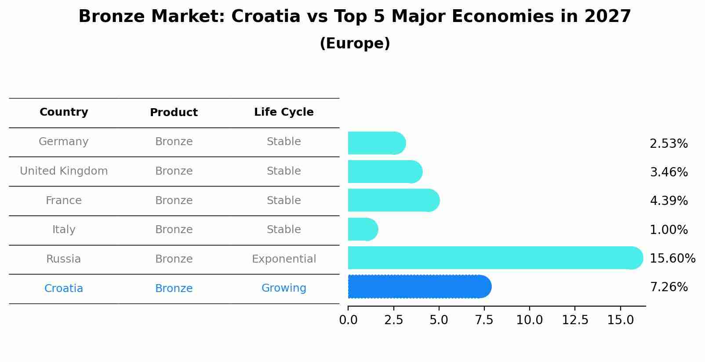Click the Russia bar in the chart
point(492,258)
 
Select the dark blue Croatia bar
point(418,287)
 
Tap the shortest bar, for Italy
point(362,229)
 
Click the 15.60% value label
point(672,258)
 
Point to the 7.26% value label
point(669,287)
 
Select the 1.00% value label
point(669,230)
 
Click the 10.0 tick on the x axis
point(529,320)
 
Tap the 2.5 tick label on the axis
point(393,320)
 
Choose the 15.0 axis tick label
point(620,320)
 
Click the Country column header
point(64,112)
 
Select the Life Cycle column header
point(283,112)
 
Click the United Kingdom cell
point(64,171)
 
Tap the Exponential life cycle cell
point(283,259)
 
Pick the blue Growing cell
point(283,288)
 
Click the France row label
point(64,201)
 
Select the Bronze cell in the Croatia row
point(174,289)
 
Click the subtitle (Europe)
point(355,44)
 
